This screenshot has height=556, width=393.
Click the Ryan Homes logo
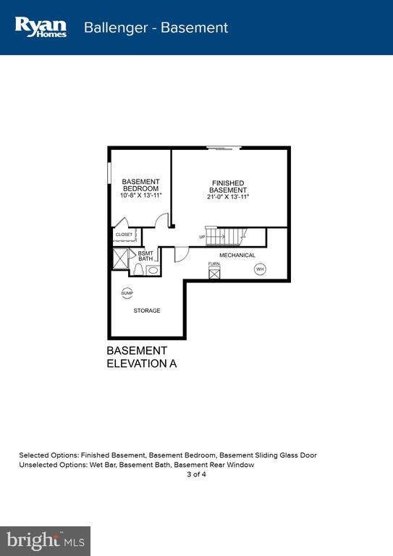pos(41,28)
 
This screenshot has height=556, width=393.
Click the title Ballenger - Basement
pos(156,28)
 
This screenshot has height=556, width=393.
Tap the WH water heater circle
pos(260,269)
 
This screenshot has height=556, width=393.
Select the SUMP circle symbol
pos(127,293)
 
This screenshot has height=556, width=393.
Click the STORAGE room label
pos(147,311)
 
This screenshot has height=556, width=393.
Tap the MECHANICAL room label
pos(237,256)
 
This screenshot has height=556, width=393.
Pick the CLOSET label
pos(124,235)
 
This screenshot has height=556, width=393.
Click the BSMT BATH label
pos(145,256)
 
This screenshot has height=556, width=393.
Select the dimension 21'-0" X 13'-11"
pos(228,197)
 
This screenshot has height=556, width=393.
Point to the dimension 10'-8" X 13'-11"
pos(140,195)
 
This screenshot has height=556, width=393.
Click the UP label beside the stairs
pos(202,237)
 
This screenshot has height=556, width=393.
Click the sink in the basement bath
pos(153,270)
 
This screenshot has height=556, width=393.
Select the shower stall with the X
pos(120,259)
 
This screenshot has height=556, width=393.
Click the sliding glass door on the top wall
pos(224,148)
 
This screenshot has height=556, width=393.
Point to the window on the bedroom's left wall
pos(109,173)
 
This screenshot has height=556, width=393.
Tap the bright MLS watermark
pos(46,541)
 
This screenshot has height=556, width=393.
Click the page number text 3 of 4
pos(196,474)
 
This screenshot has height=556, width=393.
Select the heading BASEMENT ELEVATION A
pos(141,357)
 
